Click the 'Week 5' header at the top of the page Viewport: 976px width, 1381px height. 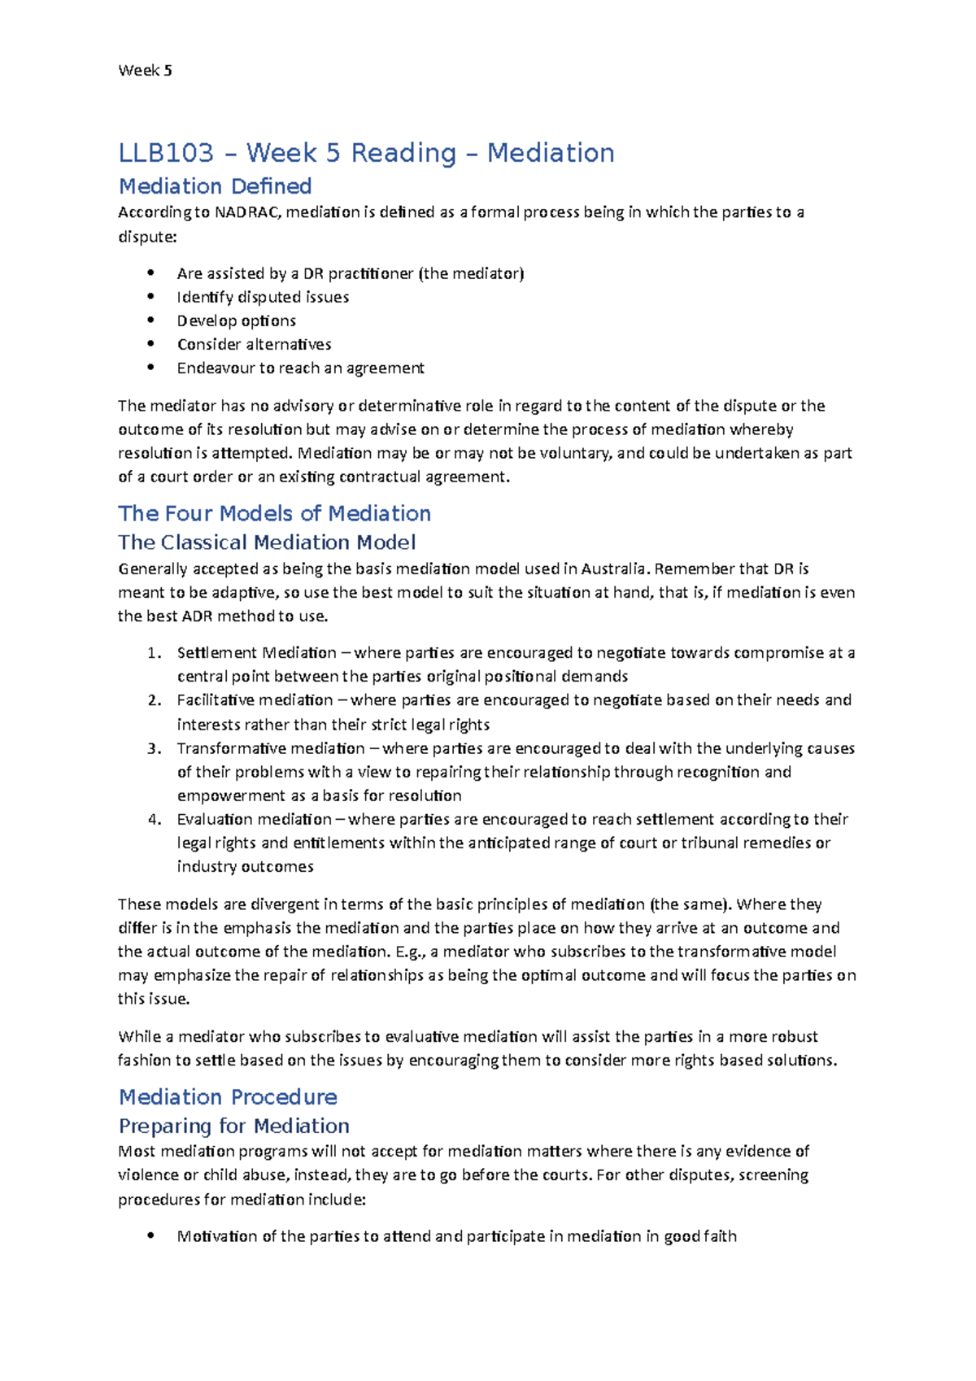(x=145, y=71)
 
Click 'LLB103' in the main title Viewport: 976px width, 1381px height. (x=166, y=153)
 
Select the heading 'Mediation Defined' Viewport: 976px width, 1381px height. (x=216, y=186)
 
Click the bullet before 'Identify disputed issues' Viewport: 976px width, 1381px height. (x=150, y=297)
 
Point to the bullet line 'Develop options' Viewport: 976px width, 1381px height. (x=236, y=320)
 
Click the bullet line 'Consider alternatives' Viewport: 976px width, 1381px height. (x=254, y=344)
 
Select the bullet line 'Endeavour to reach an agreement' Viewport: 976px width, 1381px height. (x=300, y=368)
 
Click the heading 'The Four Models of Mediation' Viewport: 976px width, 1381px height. (x=274, y=513)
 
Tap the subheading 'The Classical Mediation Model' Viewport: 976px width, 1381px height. (x=267, y=542)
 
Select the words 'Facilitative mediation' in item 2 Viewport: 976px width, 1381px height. (x=255, y=700)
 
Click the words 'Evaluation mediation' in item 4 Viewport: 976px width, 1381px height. (x=254, y=819)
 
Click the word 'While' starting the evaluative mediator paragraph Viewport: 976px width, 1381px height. (x=139, y=1037)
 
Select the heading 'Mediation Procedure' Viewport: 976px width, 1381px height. (x=228, y=1097)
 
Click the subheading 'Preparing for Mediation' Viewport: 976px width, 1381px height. (x=234, y=1126)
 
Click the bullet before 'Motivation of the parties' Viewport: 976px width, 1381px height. (x=150, y=1236)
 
